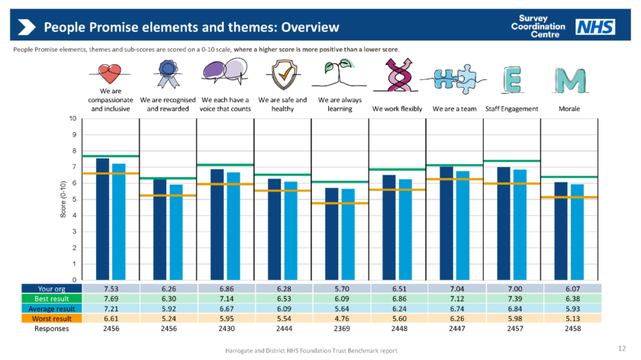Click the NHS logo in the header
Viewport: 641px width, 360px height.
click(x=595, y=27)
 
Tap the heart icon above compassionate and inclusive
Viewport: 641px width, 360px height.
click(x=110, y=74)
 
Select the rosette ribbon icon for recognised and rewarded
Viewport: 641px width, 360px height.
click(x=166, y=75)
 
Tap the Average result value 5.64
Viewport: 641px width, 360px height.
click(x=340, y=309)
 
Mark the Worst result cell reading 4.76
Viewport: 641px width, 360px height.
click(x=340, y=319)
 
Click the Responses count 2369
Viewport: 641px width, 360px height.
click(x=340, y=329)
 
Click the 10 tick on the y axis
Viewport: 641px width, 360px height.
click(x=72, y=119)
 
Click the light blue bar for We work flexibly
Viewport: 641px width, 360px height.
click(x=404, y=229)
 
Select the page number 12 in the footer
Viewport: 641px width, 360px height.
click(x=620, y=349)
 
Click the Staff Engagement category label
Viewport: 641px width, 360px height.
click(x=512, y=109)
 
